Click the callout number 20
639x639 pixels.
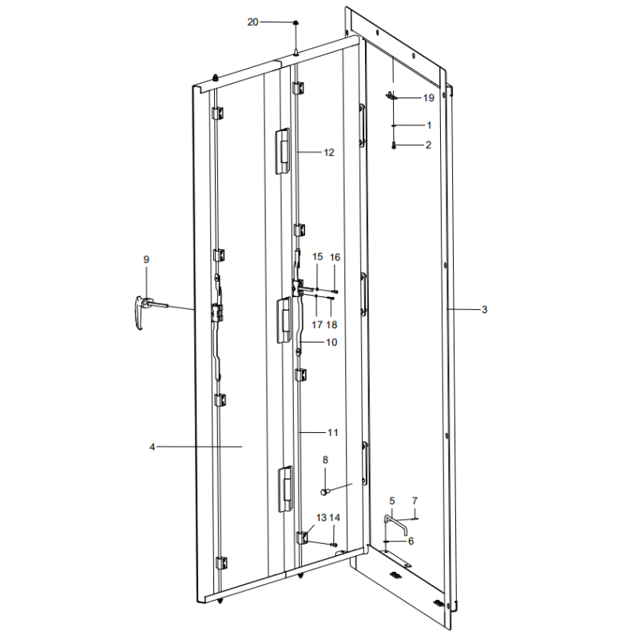pos(253,22)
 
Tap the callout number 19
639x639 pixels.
pos(428,98)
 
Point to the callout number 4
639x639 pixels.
pos(152,447)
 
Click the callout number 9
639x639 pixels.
pos(146,260)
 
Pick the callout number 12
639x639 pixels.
pos(329,152)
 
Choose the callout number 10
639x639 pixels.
pos(331,342)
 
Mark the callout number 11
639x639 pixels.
pos(332,432)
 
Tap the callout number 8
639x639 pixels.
pos(325,459)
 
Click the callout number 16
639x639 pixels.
pos(335,257)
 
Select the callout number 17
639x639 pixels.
pos(317,325)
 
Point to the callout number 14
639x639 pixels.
pos(335,518)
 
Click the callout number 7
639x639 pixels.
pos(415,501)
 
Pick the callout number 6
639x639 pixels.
pos(411,541)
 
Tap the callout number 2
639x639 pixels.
pos(428,145)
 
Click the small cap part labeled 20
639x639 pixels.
pos(296,23)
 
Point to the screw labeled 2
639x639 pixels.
pos(395,145)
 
